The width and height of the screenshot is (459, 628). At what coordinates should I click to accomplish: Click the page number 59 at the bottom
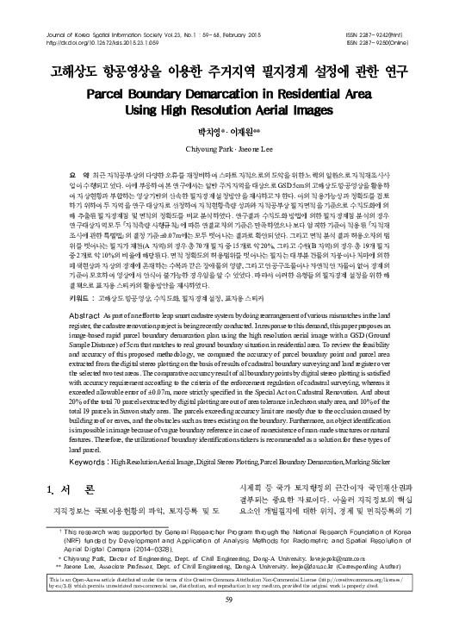(x=229, y=600)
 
